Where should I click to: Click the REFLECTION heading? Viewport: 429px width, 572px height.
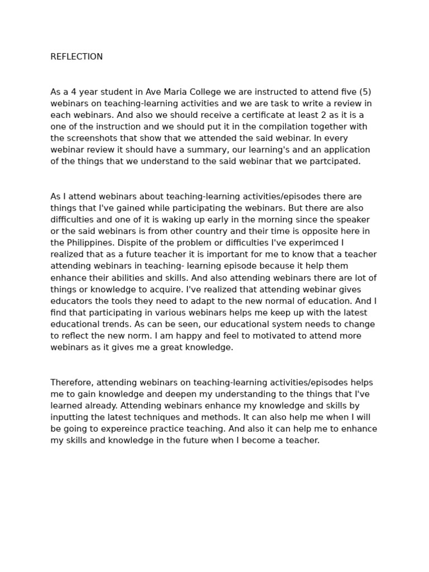77,57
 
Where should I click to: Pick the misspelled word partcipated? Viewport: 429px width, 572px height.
336,161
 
